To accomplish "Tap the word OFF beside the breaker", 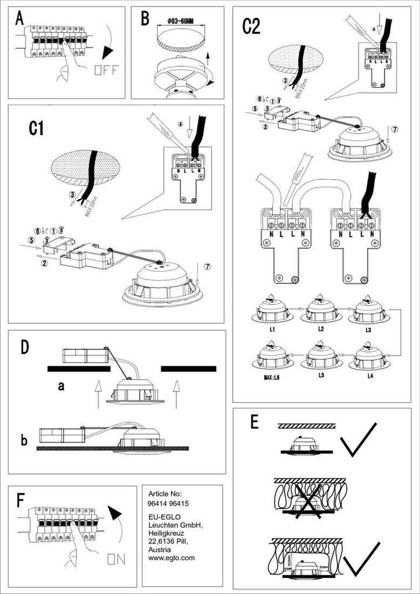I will pos(106,71).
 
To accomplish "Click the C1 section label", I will pos(37,128).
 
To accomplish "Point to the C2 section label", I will pos(251,27).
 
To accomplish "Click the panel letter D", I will pos(24,347).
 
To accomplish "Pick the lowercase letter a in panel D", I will pos(60,387).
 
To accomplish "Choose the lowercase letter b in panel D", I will pos(24,440).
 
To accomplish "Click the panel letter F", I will pos(21,500).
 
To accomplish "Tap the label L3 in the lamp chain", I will pos(368,329).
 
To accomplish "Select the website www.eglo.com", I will pos(172,557).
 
